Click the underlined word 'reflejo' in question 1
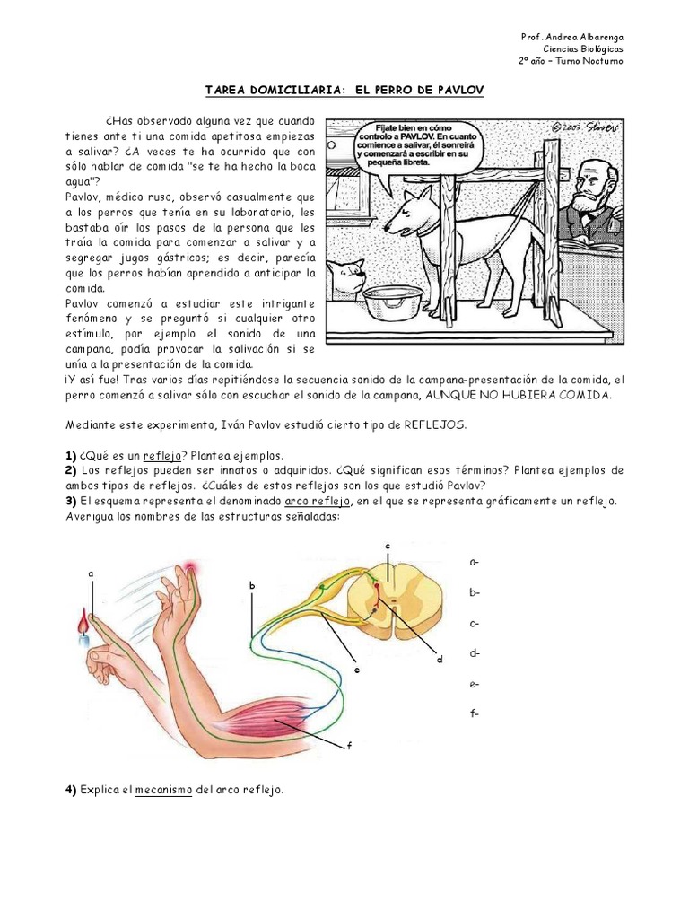click(x=163, y=455)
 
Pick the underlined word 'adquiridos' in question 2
click(x=301, y=470)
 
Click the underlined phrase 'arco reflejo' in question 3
click(x=318, y=501)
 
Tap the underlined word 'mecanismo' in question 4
click(x=163, y=790)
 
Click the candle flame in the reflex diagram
click(x=83, y=620)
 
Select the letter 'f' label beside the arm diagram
click(x=349, y=745)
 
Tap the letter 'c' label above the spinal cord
click(x=388, y=546)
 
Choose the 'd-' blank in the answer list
click(x=474, y=653)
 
